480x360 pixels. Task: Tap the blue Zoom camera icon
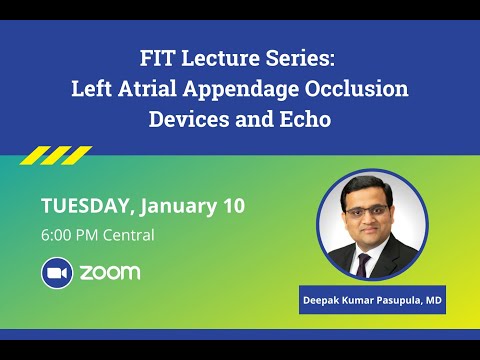(56, 272)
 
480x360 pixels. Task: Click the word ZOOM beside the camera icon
(109, 272)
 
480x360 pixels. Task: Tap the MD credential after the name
(432, 299)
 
